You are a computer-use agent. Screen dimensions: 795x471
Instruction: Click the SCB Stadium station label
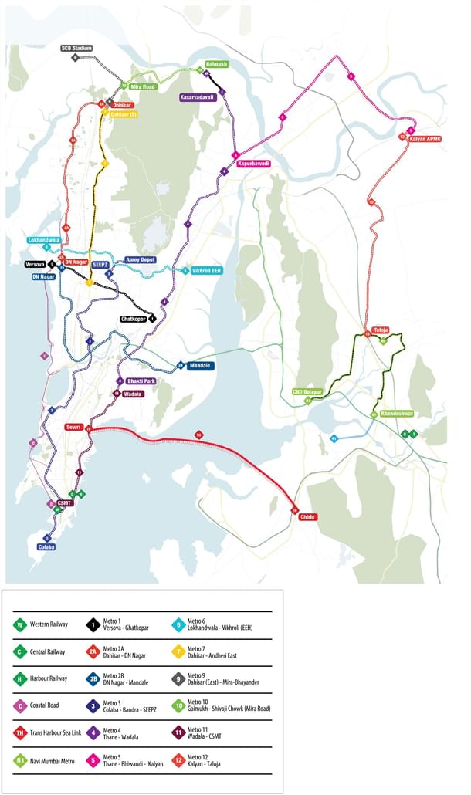[76, 48]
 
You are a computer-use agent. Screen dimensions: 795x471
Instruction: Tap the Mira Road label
[144, 87]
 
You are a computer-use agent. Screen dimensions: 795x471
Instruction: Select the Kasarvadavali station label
[197, 98]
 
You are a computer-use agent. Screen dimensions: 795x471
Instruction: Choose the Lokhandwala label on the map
[43, 240]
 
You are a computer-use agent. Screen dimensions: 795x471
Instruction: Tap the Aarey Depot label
[140, 260]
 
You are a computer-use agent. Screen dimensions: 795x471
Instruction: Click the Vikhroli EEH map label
[207, 271]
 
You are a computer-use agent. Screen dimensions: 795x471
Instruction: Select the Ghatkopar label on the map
[133, 318]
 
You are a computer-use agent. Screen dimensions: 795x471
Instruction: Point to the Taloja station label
[380, 330]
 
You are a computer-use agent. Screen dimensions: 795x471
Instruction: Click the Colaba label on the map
[46, 546]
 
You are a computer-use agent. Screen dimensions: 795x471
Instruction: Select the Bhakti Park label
[141, 381]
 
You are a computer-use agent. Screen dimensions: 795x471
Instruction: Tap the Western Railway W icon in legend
[19, 624]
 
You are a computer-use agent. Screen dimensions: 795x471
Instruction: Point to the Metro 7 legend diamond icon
[178, 651]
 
